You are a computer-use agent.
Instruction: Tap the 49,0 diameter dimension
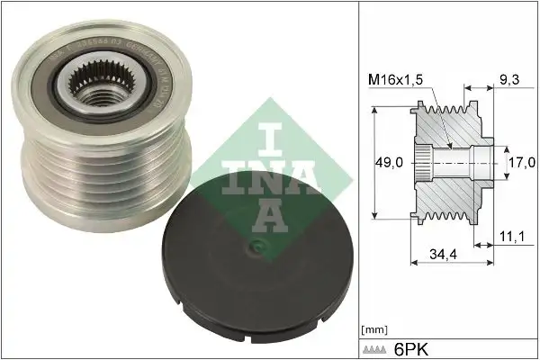pos(388,163)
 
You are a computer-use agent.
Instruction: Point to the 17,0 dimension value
pos(519,163)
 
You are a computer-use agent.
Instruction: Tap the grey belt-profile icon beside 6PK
pos(377,346)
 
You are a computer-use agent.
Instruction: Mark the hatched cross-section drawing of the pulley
pos(450,162)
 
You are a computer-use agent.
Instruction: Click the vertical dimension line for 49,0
pos(372,162)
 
